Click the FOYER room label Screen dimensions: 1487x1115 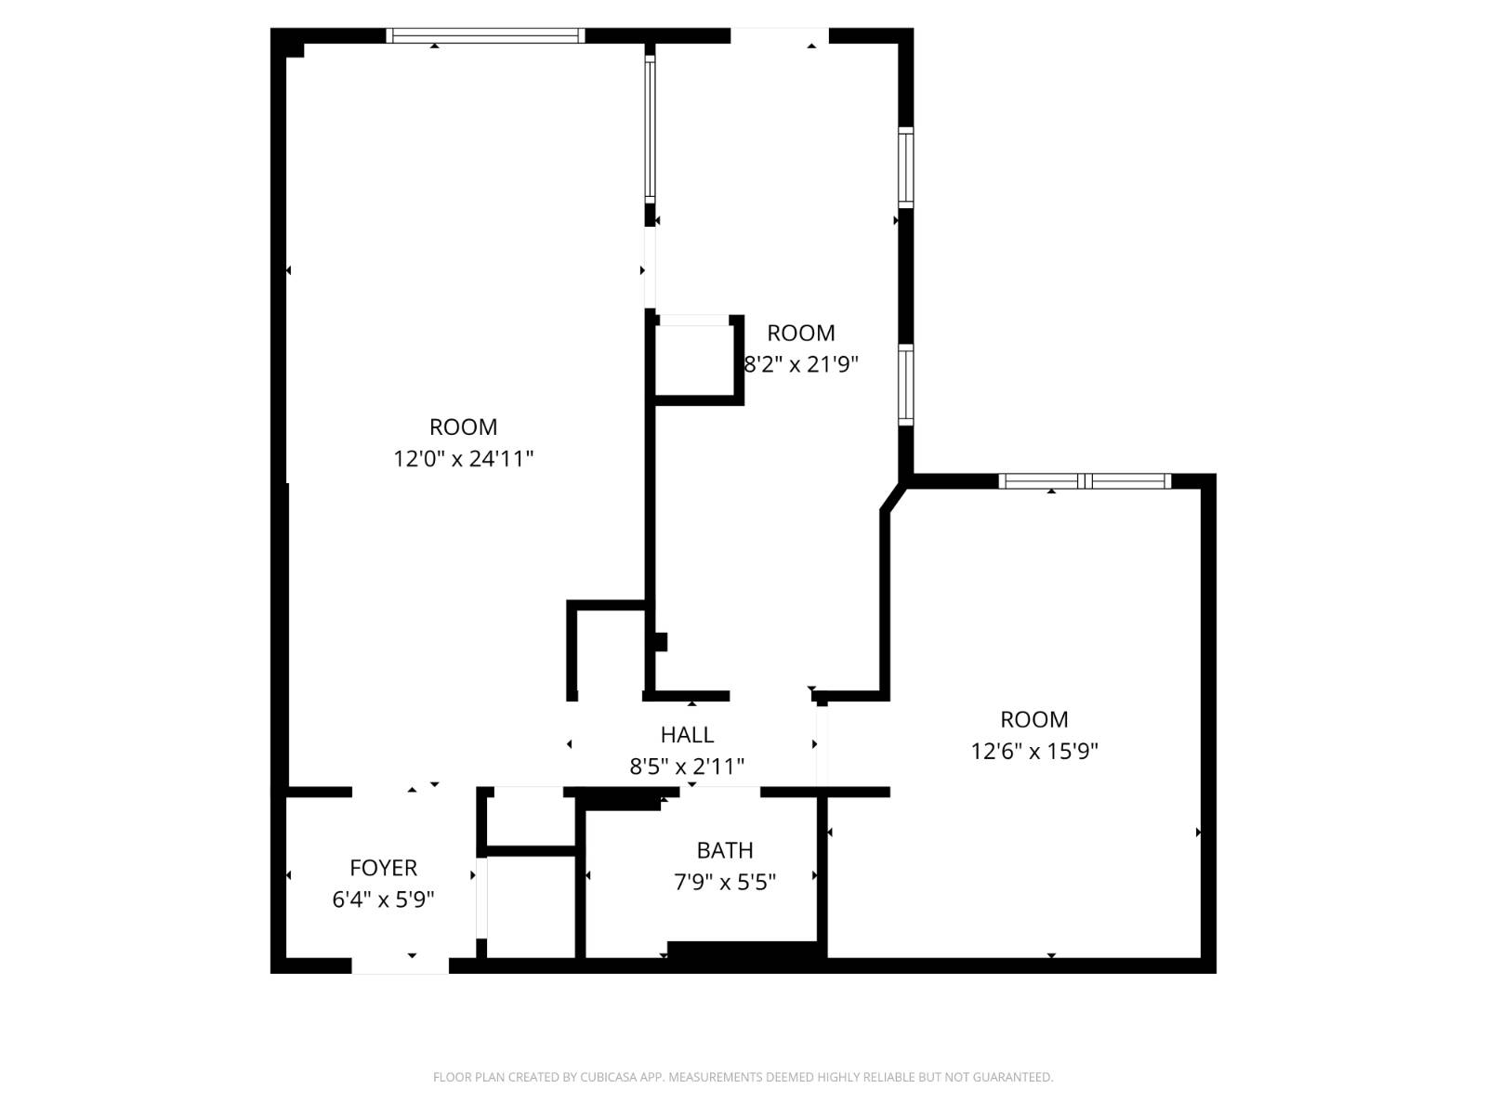click(383, 867)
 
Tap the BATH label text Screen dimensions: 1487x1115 click(724, 849)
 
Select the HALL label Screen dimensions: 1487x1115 click(687, 735)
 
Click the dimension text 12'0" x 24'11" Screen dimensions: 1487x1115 click(464, 459)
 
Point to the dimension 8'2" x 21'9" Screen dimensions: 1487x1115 click(801, 365)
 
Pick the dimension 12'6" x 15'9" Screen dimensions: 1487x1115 click(1033, 752)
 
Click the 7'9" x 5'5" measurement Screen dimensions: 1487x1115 click(724, 882)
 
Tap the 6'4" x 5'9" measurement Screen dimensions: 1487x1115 click(383, 899)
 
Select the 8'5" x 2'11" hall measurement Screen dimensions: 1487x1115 click(687, 767)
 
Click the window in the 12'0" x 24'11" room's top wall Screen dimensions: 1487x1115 click(485, 35)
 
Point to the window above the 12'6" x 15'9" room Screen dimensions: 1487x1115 click(1085, 481)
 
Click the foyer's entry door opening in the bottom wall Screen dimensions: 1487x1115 click(401, 965)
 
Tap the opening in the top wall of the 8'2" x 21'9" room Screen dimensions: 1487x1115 click(779, 36)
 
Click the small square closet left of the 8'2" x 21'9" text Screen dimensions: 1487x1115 click(694, 361)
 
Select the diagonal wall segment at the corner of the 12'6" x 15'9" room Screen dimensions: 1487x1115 click(893, 497)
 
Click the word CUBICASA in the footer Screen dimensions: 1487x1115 click(609, 1077)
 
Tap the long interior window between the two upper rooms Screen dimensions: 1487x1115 click(650, 128)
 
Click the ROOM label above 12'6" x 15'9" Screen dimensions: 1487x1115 click(1033, 719)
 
